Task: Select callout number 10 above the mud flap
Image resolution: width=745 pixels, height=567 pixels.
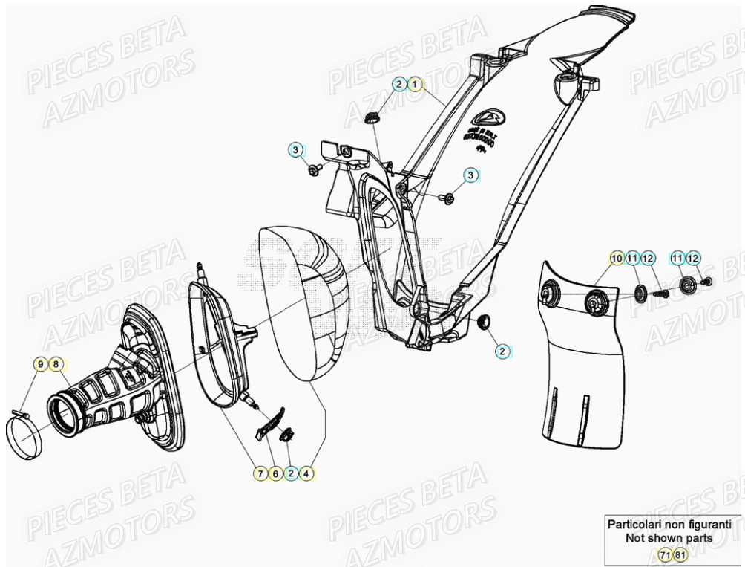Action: pos(616,258)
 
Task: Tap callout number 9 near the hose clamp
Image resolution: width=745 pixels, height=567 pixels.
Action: pos(39,364)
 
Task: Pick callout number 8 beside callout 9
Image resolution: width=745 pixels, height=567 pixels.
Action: pos(56,364)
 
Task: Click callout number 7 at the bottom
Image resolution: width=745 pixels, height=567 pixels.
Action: pos(260,473)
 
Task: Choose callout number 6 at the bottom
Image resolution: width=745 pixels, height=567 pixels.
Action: pos(275,473)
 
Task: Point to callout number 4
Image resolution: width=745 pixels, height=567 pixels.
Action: pos(306,473)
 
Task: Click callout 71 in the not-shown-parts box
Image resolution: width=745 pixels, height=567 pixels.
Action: pos(666,554)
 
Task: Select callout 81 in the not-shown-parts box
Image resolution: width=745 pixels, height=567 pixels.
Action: pos(680,554)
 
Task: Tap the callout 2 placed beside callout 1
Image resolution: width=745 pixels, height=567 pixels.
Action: pos(399,84)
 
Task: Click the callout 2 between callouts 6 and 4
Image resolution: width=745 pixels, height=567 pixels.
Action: pos(291,473)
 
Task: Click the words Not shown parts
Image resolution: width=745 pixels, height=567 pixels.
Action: pos(669,537)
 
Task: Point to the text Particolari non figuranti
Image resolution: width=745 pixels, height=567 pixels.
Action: pos(669,524)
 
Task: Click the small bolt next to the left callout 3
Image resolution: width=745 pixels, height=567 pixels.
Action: pos(315,171)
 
